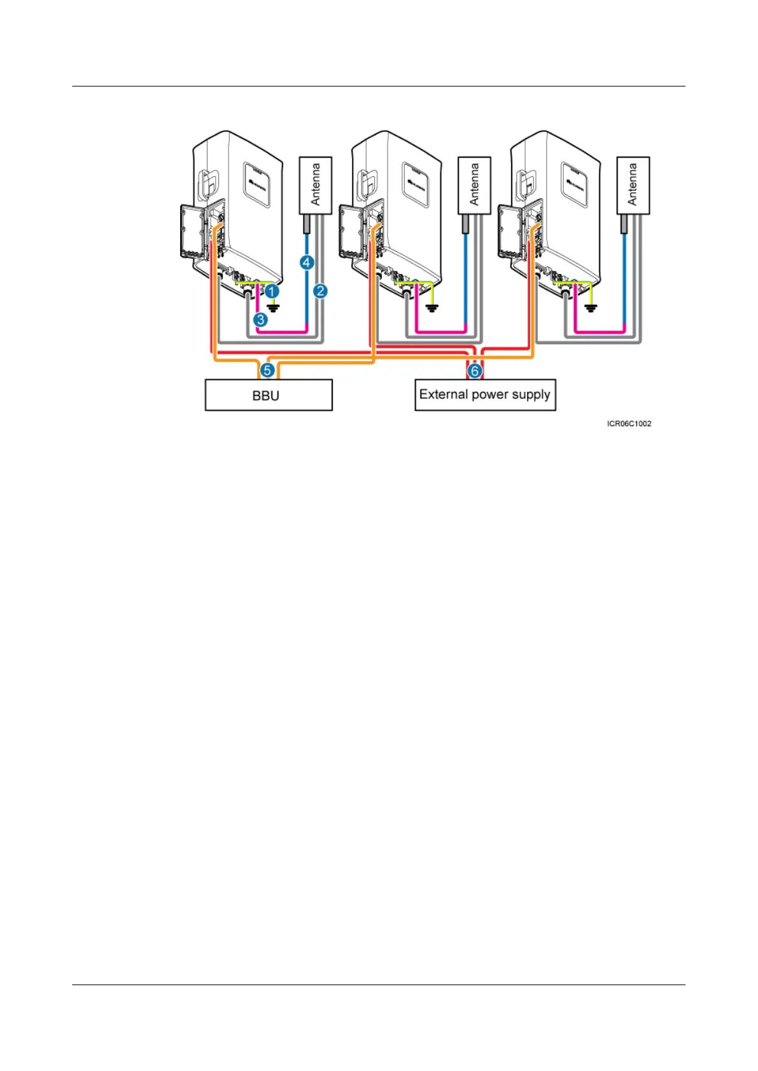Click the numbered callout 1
[x=272, y=291]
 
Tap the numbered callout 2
[x=320, y=291]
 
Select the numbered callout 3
[x=260, y=319]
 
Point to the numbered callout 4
[x=307, y=262]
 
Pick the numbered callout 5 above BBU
[x=267, y=370]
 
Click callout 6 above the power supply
[x=474, y=371]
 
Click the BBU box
[x=268, y=395]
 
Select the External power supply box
[x=485, y=395]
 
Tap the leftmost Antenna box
[x=315, y=185]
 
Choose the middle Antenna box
[x=474, y=185]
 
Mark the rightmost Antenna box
[x=633, y=185]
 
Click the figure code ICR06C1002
[x=629, y=424]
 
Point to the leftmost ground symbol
[x=274, y=308]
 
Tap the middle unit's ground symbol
[x=433, y=308]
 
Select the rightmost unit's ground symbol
[x=591, y=308]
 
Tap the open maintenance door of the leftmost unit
[x=192, y=231]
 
